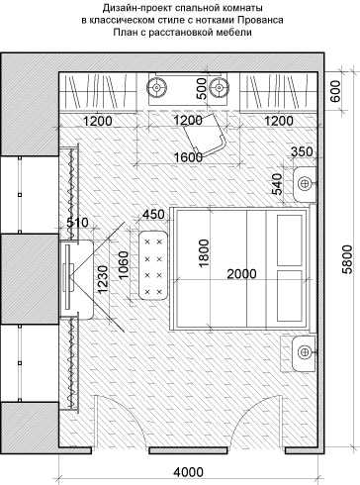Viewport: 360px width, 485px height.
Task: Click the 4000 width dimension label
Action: click(x=188, y=472)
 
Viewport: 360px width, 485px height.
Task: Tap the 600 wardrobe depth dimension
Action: click(x=335, y=91)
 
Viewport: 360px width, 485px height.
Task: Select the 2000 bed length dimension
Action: click(x=241, y=274)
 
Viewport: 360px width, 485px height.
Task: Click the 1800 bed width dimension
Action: click(x=204, y=253)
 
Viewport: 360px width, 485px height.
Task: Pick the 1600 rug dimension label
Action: click(x=188, y=157)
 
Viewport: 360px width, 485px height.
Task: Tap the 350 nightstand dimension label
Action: click(x=302, y=151)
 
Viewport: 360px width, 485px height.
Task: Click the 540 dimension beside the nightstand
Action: click(x=277, y=184)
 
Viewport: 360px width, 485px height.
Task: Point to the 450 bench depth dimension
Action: click(x=153, y=215)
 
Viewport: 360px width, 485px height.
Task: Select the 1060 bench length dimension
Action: click(x=124, y=265)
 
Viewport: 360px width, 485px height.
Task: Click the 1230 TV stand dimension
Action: click(x=103, y=279)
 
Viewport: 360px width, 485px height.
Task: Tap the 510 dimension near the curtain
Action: click(x=77, y=223)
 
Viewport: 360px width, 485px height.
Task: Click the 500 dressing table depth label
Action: click(x=202, y=88)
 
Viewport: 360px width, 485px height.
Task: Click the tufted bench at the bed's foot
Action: click(x=153, y=265)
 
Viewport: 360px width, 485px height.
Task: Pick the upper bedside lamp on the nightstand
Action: click(x=305, y=183)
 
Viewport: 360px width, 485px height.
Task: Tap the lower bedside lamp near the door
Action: click(x=305, y=351)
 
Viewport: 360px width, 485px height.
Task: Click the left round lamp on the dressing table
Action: click(x=157, y=88)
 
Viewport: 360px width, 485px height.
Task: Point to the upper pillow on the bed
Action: click(x=290, y=240)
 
